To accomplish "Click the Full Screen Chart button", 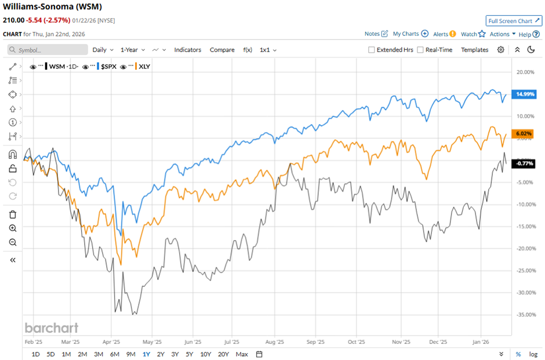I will point(514,21).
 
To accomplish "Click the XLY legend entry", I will point(144,67).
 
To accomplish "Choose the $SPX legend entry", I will point(109,67).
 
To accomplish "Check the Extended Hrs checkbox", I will point(372,50).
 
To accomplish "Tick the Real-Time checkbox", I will point(420,50).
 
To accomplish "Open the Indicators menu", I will point(187,50).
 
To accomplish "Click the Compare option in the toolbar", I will point(222,50).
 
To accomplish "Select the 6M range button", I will point(114,354).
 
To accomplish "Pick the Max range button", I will point(242,354).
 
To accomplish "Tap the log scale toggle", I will point(533,354).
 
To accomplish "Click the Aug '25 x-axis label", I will point(277,342).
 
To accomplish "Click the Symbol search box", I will point(48,50).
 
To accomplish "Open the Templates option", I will point(474,50).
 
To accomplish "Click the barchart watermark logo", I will point(51,328).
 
